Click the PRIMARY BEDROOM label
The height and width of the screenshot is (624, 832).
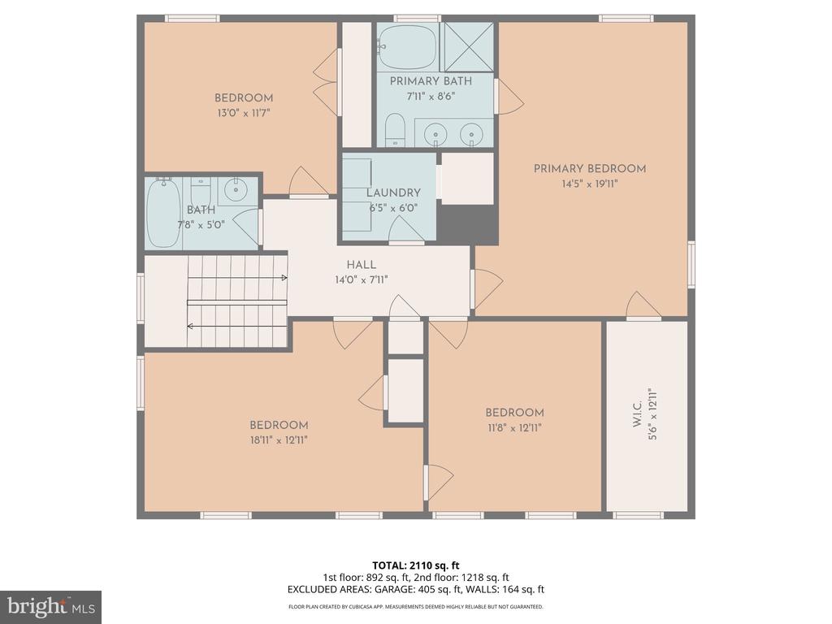pyautogui.click(x=589, y=169)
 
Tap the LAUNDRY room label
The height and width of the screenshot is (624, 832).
pyautogui.click(x=393, y=193)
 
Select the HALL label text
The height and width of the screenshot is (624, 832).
pyautogui.click(x=362, y=265)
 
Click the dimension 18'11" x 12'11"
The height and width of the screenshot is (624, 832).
pyautogui.click(x=279, y=440)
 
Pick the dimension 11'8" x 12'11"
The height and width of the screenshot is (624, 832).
pyautogui.click(x=514, y=427)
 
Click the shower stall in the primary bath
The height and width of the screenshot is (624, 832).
pyautogui.click(x=468, y=47)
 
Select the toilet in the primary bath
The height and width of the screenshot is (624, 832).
pyautogui.click(x=395, y=130)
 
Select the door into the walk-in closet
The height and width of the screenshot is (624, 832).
pyautogui.click(x=643, y=305)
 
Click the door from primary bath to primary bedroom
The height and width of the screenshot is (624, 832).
pyautogui.click(x=508, y=96)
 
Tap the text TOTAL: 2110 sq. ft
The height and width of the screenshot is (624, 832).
pyautogui.click(x=415, y=566)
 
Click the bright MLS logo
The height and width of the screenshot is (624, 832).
pyautogui.click(x=50, y=606)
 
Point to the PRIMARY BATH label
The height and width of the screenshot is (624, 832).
pyautogui.click(x=431, y=81)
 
